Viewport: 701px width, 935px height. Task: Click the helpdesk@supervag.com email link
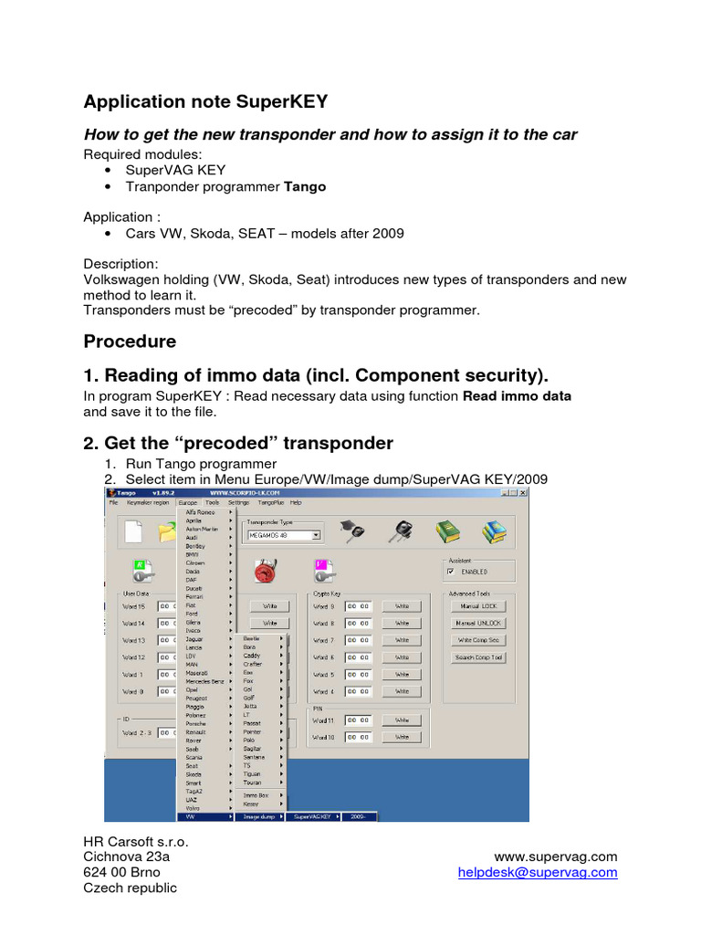click(x=538, y=873)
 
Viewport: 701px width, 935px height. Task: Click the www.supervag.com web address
click(x=555, y=856)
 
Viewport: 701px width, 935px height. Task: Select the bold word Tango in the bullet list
click(x=305, y=186)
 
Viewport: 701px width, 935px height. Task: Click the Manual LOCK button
click(x=478, y=605)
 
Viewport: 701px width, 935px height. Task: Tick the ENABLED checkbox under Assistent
click(x=451, y=572)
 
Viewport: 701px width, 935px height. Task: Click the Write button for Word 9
click(x=402, y=605)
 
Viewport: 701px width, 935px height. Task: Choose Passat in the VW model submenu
click(x=252, y=723)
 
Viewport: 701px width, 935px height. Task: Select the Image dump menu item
click(x=257, y=817)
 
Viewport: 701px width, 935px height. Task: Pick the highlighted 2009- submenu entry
click(x=358, y=817)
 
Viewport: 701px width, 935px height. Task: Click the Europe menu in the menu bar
click(x=188, y=502)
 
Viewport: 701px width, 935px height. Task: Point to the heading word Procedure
click(x=130, y=341)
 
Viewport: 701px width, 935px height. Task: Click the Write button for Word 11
click(x=402, y=720)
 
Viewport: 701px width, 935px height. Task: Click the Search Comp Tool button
click(x=478, y=657)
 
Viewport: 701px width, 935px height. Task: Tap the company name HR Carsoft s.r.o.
click(x=136, y=840)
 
